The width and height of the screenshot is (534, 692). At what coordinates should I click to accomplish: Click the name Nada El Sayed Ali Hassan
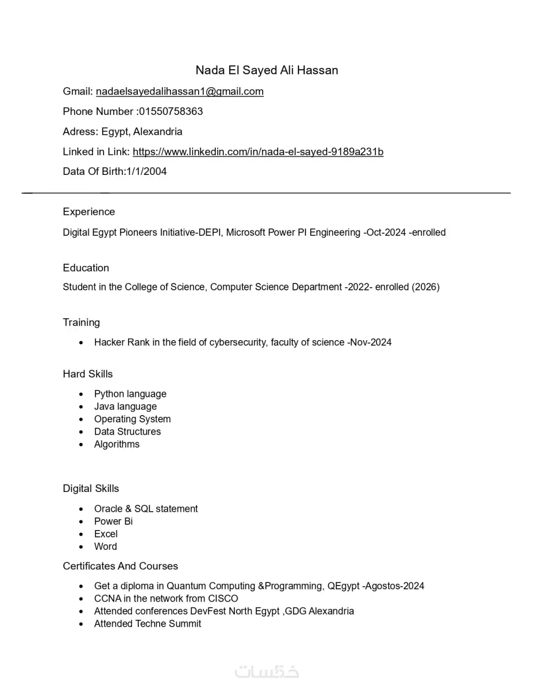tap(266, 70)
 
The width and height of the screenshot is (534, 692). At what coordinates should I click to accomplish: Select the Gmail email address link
tap(179, 91)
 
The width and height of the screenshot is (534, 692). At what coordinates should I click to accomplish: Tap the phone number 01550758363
tap(171, 111)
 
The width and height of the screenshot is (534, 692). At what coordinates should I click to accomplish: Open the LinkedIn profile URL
tap(258, 152)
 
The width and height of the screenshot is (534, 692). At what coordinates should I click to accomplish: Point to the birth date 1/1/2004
tap(146, 172)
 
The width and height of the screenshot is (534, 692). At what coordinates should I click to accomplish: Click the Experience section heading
tap(89, 212)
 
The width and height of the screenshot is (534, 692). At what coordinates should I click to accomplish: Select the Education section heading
tap(85, 268)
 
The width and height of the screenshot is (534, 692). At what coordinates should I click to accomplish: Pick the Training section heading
tap(81, 322)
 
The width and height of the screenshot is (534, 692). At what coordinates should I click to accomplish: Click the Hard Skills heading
tap(88, 374)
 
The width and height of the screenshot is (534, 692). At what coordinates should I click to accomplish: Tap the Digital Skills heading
tap(91, 489)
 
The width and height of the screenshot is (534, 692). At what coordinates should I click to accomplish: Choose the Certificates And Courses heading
tap(120, 566)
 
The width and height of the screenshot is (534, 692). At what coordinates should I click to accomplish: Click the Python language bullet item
tap(130, 394)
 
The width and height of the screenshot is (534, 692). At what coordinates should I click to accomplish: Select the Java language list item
tap(125, 406)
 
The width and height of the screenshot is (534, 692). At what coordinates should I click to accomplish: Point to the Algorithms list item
tap(116, 444)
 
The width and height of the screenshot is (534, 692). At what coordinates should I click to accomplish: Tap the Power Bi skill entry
tap(113, 521)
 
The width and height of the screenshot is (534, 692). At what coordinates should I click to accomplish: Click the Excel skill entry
tap(106, 534)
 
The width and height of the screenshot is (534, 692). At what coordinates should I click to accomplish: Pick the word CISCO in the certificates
tap(223, 598)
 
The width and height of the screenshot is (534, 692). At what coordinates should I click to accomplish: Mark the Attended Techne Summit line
tap(147, 624)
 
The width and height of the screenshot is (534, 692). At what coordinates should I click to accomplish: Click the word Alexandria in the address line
tap(158, 132)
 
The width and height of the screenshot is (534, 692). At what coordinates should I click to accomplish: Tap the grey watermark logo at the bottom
tap(267, 672)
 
